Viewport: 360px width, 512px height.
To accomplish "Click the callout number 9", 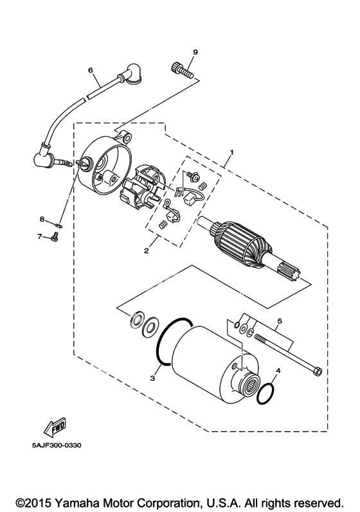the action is pyautogui.click(x=195, y=52).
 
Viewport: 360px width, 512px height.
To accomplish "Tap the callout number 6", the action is pyautogui.click(x=91, y=70).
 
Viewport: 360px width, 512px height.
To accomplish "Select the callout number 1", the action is pyautogui.click(x=231, y=152).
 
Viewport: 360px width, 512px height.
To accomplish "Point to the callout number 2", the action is pyautogui.click(x=147, y=251).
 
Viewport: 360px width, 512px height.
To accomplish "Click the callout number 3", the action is pyautogui.click(x=152, y=378).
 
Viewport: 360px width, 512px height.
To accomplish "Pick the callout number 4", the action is pyautogui.click(x=278, y=371).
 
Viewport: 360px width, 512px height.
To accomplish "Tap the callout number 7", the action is pyautogui.click(x=40, y=236).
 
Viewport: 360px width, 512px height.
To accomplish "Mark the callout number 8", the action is pyautogui.click(x=42, y=220).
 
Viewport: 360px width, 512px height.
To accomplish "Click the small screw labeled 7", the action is pyautogui.click(x=55, y=237).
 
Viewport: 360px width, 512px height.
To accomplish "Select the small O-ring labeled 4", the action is pyautogui.click(x=265, y=393).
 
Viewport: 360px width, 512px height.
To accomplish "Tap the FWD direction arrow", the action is pyautogui.click(x=55, y=427).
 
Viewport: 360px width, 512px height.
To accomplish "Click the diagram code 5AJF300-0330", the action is pyautogui.click(x=57, y=445).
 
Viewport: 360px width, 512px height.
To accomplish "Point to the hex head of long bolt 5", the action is pyautogui.click(x=317, y=371).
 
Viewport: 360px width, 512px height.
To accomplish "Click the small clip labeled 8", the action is pyautogui.click(x=59, y=225).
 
